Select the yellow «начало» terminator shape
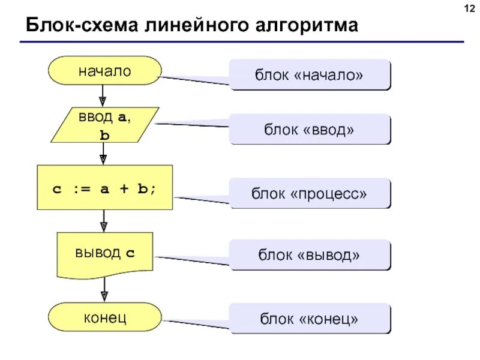coord(104,71)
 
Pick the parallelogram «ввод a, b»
coord(104,125)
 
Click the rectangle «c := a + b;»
coord(104,187)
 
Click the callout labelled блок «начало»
coord(310,74)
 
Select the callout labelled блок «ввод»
coord(310,129)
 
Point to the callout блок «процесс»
coord(310,193)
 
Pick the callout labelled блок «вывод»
coord(310,255)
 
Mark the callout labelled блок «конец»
coord(310,319)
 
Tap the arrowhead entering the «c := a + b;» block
coord(103,159)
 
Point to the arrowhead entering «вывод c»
coord(103,226)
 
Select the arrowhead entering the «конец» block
coord(103,296)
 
